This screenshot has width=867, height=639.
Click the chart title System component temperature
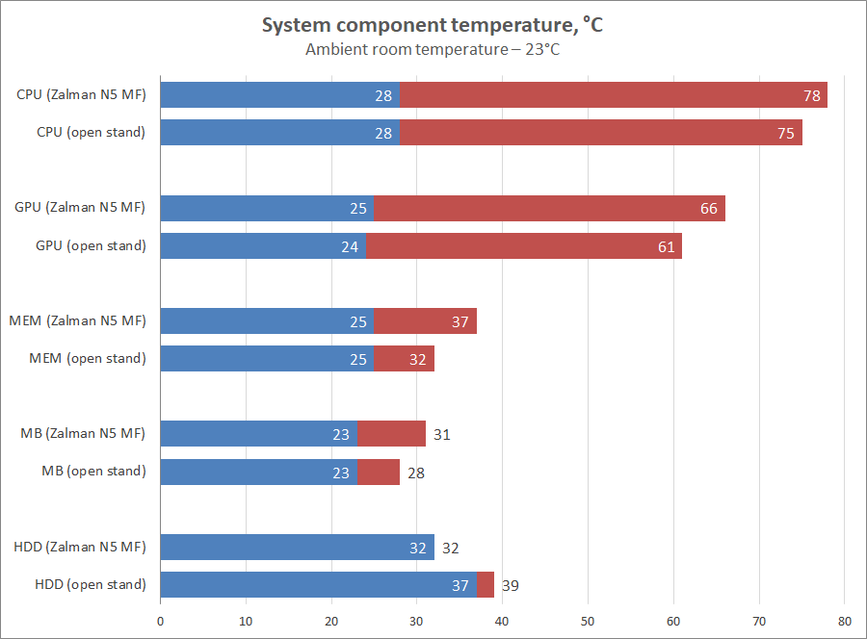point(433,26)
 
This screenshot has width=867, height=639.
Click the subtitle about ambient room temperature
point(433,50)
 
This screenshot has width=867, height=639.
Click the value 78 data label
point(811,95)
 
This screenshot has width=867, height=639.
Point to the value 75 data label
point(786,133)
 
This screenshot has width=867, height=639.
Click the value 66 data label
point(709,208)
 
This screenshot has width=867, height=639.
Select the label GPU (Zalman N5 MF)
point(80,208)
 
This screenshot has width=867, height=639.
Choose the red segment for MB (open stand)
point(379,472)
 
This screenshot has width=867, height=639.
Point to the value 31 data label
point(441,434)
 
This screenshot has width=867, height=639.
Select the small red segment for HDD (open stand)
point(486,584)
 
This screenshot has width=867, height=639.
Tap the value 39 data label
point(511,584)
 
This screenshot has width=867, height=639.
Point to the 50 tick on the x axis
point(588,621)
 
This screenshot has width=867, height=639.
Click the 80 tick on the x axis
point(844,621)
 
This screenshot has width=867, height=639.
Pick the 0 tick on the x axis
point(160,621)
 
